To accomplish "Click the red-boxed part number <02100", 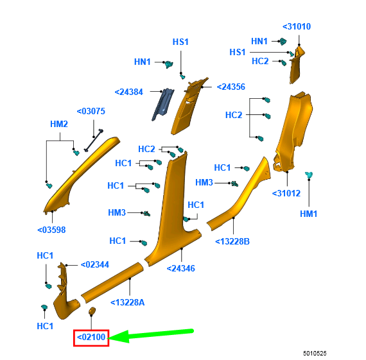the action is (91, 338).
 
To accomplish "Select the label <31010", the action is (297, 26).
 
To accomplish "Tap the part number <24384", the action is (128, 92).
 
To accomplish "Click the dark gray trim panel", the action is (163, 105).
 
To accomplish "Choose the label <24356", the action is (231, 87).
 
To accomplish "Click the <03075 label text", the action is (91, 111).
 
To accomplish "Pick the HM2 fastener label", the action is (59, 124).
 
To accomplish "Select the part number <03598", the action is (51, 230).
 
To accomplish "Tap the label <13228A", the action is (127, 303).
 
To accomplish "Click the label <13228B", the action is (232, 241).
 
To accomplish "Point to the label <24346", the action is (181, 268).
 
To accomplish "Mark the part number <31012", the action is (286, 193).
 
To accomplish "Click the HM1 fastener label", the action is (309, 214).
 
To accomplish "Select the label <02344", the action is (95, 265).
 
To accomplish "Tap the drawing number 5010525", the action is (315, 354).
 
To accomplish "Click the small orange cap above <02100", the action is (92, 311).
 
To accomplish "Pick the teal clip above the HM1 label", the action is (309, 175).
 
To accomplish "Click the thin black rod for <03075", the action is (94, 140).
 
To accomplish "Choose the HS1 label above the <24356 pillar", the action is (180, 42).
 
